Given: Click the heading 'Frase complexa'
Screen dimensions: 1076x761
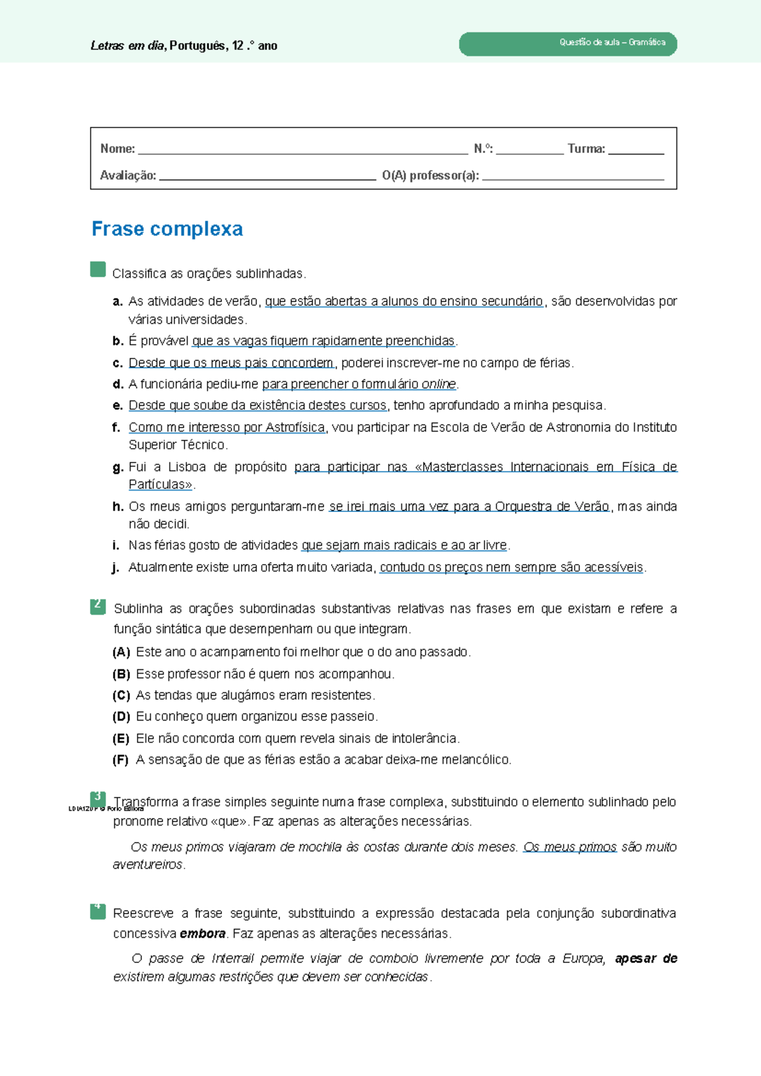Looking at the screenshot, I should point(167,229).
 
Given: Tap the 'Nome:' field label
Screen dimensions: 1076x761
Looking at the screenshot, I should point(117,149).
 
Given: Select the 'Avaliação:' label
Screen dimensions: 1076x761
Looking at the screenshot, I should point(128,176).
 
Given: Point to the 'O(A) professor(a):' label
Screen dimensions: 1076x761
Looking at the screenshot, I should point(431,176).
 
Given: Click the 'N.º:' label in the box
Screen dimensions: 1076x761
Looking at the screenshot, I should point(483,149).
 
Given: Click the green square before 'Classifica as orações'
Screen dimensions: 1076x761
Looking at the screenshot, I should point(98,270).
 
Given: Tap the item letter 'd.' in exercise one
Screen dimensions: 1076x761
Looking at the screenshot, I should point(117,384).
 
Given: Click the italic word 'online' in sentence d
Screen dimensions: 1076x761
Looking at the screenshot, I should point(439,384).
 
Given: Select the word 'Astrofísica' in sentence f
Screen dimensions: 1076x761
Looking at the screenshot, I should point(295,428).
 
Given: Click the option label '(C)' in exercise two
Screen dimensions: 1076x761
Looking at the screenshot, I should point(121,696).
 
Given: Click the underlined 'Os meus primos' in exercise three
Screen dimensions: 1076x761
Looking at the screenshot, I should point(569,848).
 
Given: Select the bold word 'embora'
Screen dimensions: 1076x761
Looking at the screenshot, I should point(202,934).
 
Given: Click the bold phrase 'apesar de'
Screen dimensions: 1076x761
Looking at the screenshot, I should point(646,959).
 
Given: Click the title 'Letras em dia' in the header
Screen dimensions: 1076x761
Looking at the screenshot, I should point(127,46).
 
